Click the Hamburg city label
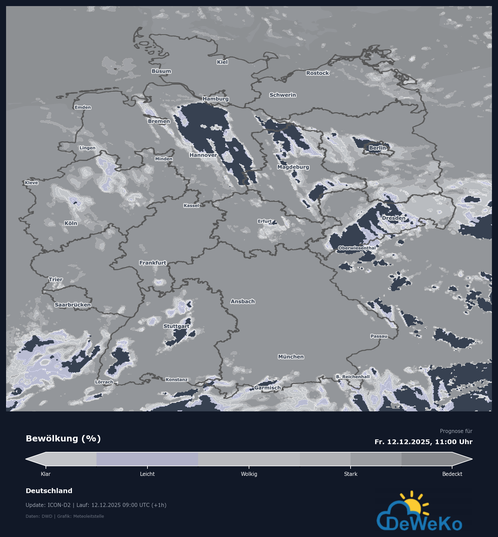point(216,99)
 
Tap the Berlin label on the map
point(377,148)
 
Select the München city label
point(291,357)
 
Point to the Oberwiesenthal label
point(357,248)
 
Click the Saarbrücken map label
point(73,305)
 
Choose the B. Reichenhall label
point(353,377)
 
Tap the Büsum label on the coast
point(161,71)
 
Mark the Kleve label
point(31,183)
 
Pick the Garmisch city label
point(268,388)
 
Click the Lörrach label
point(104,382)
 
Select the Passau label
point(379,336)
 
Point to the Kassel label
point(191,206)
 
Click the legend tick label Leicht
point(147,474)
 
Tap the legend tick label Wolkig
point(249,474)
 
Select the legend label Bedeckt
point(452,474)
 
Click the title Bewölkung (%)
point(63,439)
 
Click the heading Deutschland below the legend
point(49,491)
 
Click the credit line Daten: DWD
point(39,516)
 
